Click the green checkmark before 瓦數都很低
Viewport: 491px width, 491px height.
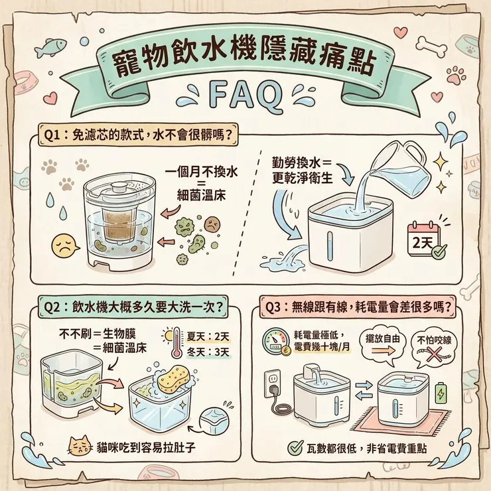[x=296, y=449]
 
